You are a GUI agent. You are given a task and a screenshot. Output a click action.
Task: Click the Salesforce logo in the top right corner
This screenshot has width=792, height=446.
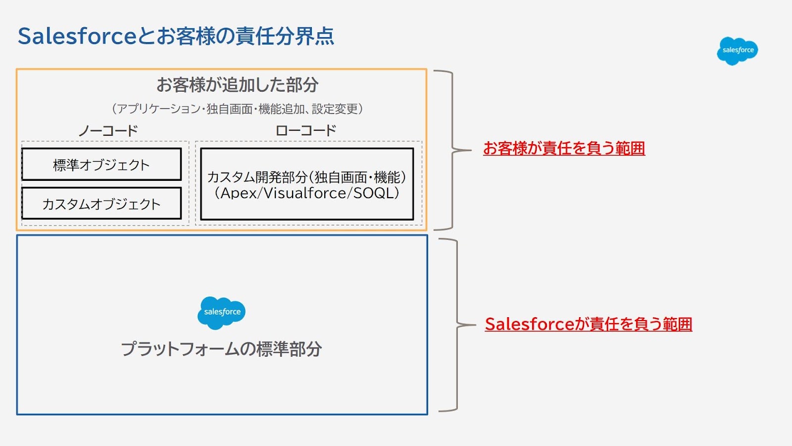pyautogui.click(x=737, y=51)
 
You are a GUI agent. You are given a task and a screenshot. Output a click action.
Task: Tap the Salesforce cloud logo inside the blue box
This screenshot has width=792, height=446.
pyautogui.click(x=221, y=312)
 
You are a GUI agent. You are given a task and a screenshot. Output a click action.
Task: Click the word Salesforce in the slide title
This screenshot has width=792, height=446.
pyautogui.click(x=77, y=36)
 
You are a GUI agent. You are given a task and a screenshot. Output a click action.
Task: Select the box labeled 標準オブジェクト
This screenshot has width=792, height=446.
pyautogui.click(x=101, y=165)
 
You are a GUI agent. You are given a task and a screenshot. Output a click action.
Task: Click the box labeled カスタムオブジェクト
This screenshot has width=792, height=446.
pyautogui.click(x=101, y=204)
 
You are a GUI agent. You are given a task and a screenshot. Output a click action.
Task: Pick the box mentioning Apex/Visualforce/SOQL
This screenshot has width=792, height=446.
pyautogui.click(x=306, y=184)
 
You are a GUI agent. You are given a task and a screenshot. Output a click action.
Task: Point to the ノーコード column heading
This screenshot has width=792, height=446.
pyautogui.click(x=108, y=131)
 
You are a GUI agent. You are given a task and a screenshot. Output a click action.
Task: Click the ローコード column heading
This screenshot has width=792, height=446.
pyautogui.click(x=306, y=131)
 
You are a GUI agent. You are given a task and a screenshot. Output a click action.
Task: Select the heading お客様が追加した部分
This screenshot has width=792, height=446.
pyautogui.click(x=237, y=85)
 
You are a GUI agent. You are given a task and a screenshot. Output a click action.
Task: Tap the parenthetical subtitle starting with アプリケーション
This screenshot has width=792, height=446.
pyautogui.click(x=237, y=109)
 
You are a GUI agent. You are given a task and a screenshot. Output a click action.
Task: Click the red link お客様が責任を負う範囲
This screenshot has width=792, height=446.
pyautogui.click(x=564, y=148)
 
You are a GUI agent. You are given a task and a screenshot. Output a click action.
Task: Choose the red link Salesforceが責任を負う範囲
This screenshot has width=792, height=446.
pyautogui.click(x=588, y=324)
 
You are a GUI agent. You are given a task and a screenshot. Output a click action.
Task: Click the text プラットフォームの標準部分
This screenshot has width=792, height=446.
pyautogui.click(x=221, y=349)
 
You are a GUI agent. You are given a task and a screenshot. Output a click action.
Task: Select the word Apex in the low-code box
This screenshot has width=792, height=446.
pyautogui.click(x=238, y=193)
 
